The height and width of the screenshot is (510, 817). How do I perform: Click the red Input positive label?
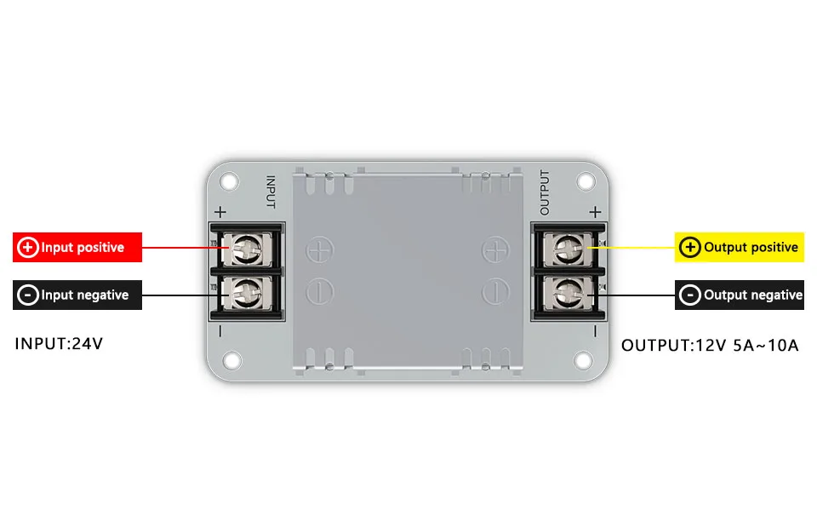[77, 248]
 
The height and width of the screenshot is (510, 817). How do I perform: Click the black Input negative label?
[77, 295]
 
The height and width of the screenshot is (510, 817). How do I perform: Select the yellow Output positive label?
[739, 248]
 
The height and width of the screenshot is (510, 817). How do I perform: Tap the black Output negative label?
[739, 295]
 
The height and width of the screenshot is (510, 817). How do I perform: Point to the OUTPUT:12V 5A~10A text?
[710, 346]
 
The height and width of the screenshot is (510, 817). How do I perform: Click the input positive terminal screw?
[247, 249]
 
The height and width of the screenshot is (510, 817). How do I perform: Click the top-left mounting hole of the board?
[230, 181]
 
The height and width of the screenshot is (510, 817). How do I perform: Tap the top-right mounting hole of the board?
[586, 181]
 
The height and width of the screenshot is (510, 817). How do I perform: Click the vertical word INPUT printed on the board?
[271, 192]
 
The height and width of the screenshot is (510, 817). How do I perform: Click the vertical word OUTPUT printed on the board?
[546, 192]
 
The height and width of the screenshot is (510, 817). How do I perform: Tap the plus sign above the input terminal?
[220, 212]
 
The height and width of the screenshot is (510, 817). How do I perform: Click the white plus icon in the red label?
[28, 248]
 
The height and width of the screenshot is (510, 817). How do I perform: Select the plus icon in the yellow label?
[690, 248]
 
